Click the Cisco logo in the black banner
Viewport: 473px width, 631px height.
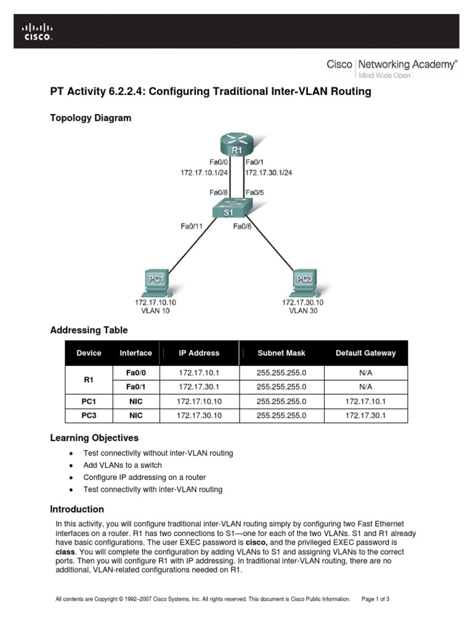[x=38, y=31]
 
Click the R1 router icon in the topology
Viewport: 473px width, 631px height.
[x=237, y=145]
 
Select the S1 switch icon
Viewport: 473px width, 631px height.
[x=229, y=210]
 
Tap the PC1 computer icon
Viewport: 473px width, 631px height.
[x=156, y=282]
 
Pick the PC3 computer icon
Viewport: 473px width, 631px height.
[x=304, y=282]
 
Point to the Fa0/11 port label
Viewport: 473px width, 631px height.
[x=192, y=227]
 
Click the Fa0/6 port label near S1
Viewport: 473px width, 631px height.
[x=242, y=227]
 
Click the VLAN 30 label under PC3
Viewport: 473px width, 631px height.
[x=303, y=311]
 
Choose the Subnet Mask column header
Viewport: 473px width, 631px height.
[x=281, y=353]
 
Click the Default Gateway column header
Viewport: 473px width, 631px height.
[x=365, y=353]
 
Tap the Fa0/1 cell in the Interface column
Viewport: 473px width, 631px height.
[x=135, y=387]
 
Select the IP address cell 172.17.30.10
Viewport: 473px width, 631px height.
[x=198, y=415]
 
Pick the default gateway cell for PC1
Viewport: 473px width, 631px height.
[x=365, y=401]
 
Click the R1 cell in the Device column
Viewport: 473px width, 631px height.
[x=88, y=380]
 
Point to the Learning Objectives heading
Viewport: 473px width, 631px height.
[x=94, y=438]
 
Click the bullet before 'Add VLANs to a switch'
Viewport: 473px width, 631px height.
[x=71, y=465]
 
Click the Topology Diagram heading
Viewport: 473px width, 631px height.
[x=90, y=118]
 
